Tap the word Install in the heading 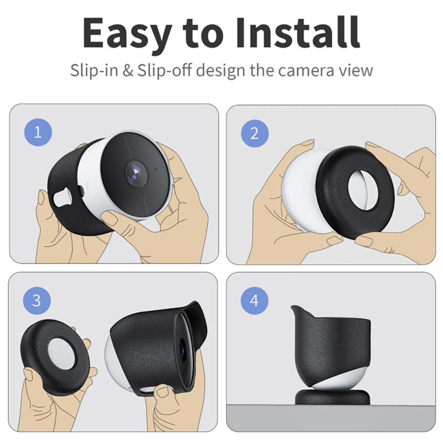point(298,32)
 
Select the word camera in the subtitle point(302,71)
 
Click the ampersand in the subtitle point(128,70)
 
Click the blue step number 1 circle point(38,132)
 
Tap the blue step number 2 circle point(255,133)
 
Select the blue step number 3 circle point(37,300)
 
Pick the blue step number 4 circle point(254,300)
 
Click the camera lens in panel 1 point(136,173)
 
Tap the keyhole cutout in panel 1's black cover point(63,198)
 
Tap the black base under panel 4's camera point(332,397)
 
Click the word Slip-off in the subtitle point(164,70)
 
